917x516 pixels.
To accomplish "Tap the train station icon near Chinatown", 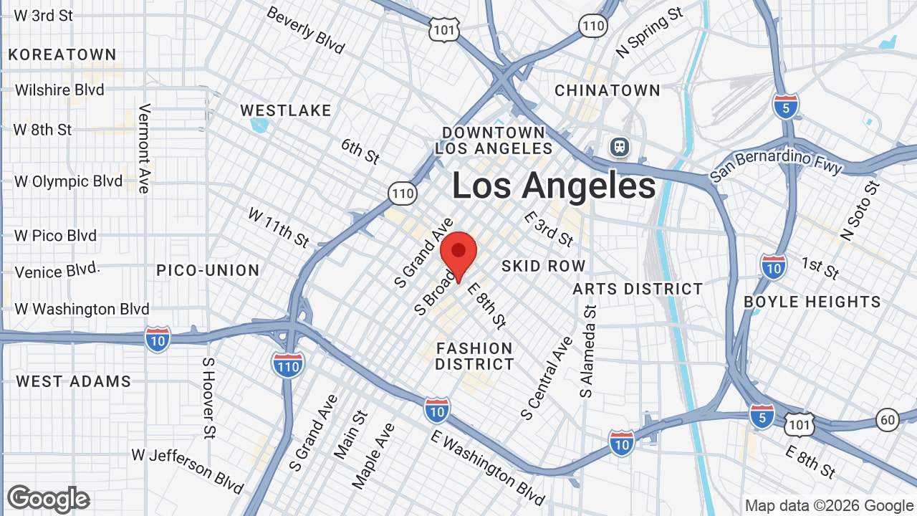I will point(619,148).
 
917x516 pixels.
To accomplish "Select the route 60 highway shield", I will point(887,419).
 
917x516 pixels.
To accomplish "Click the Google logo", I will point(48,499).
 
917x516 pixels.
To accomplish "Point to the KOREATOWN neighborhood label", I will point(62,54).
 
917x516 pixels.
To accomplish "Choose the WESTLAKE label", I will point(285,110).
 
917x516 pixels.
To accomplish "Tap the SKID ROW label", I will point(543,266).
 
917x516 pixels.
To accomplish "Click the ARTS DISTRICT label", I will point(638,289).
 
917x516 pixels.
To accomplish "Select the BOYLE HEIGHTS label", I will point(812,302).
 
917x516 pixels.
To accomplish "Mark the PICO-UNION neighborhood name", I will point(208,270).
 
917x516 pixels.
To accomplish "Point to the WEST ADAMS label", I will point(74,381).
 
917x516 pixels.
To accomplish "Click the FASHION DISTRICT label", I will point(474,356).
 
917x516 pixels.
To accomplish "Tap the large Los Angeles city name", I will point(553,186).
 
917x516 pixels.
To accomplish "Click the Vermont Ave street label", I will point(145,148).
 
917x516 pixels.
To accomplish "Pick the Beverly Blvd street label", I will point(305,31).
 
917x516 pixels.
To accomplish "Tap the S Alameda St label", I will point(588,351).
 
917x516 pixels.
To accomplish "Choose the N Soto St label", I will point(860,211).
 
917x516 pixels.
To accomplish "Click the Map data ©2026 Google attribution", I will point(829,506).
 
